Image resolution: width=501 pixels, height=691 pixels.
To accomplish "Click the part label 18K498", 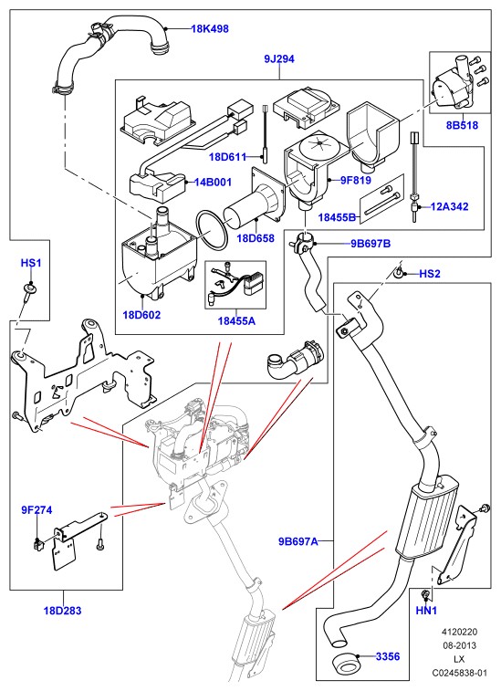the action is click(210, 29).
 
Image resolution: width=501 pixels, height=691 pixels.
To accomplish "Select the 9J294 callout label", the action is click(279, 58).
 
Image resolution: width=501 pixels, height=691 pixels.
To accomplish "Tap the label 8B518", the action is click(462, 125).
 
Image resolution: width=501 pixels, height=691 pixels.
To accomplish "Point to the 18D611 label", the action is click(227, 157).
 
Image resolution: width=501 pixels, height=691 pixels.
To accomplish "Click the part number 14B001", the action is click(214, 182).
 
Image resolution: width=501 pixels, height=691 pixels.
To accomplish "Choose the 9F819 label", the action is click(356, 180).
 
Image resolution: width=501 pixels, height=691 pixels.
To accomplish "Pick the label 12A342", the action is click(450, 206).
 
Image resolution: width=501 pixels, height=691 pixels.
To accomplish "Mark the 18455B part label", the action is click(337, 217).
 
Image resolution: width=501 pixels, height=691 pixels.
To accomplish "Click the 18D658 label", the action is click(256, 238).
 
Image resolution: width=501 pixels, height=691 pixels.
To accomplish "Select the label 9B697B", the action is click(371, 244).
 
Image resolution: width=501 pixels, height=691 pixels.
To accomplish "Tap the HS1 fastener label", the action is click(31, 263).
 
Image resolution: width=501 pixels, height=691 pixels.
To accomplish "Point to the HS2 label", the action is click(430, 274).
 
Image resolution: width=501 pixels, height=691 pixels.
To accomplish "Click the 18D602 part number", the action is click(141, 315).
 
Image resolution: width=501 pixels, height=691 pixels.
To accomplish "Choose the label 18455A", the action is click(236, 320).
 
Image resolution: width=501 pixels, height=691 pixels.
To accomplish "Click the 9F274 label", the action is click(37, 510).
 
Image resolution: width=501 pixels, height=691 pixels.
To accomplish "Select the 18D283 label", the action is click(63, 611).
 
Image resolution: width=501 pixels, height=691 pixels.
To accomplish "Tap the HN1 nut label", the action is click(426, 611).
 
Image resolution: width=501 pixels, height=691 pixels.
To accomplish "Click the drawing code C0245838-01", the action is click(460, 673).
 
